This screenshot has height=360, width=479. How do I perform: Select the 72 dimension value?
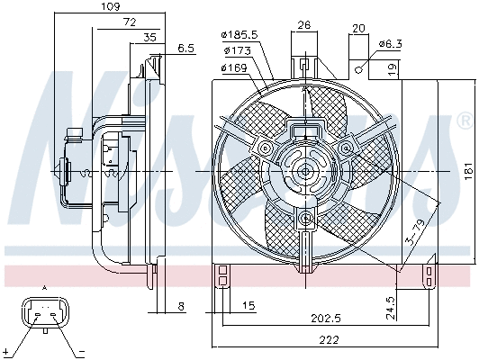(x=130, y=21)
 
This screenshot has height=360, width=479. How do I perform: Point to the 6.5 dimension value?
(x=186, y=49)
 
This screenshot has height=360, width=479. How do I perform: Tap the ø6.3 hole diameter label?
(x=390, y=42)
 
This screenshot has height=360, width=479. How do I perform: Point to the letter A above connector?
(x=44, y=288)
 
